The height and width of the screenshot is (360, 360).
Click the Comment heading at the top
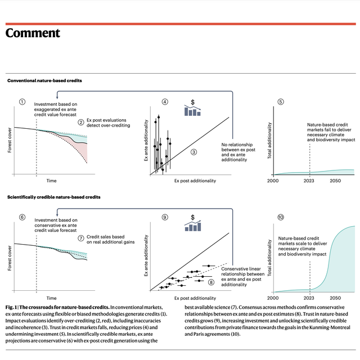coord(33,33)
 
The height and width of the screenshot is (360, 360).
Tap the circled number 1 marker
coord(22,102)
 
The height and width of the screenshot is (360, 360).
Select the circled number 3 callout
coord(193,152)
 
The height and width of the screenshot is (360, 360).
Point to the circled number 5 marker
coord(281,102)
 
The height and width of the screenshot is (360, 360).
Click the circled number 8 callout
coord(211,282)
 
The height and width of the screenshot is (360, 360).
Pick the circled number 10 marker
coord(281,217)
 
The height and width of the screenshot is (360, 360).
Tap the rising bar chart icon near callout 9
coord(193,226)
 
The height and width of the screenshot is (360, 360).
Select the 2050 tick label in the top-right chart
coord(335,181)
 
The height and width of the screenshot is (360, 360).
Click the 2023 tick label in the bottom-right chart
coord(309,298)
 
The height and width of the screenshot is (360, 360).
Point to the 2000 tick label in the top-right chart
coord(273,181)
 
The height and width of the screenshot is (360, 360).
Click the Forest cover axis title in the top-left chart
coord(10,140)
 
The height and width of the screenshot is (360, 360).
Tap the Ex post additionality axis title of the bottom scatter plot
coord(195,298)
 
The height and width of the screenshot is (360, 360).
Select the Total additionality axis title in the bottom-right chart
coord(269,258)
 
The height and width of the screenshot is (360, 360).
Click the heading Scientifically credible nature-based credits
coord(54,197)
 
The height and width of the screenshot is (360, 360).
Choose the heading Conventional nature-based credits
coord(44,80)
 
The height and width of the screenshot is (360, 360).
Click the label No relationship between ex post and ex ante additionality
coord(238,152)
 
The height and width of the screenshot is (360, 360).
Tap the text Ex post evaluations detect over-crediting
coord(108,123)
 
